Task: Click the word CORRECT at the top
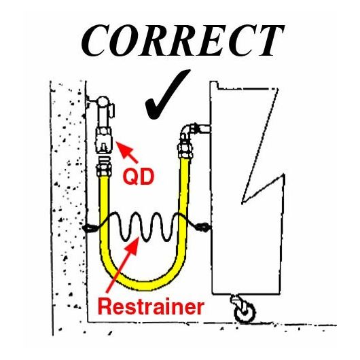(182, 41)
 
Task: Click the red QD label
(138, 177)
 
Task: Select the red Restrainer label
(151, 307)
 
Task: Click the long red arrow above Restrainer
(123, 265)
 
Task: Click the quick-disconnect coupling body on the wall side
(104, 141)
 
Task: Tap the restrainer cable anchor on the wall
(90, 228)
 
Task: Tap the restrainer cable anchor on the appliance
(202, 227)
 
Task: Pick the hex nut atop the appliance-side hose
(185, 149)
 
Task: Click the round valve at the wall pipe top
(103, 101)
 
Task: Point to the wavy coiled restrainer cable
(147, 228)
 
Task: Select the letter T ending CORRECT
(270, 41)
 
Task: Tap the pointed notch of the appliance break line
(242, 202)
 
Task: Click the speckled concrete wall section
(69, 206)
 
